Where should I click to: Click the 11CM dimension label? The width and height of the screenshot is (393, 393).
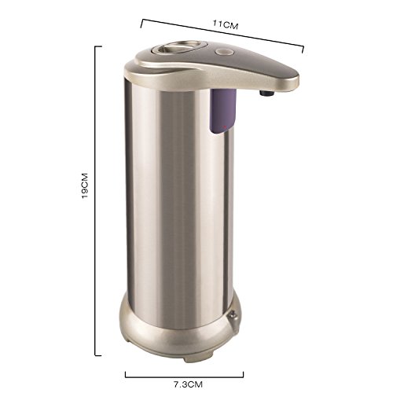tap(225, 24)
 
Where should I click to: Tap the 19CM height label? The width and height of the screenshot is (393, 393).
tap(85, 185)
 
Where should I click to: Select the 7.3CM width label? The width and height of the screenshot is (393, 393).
tap(188, 384)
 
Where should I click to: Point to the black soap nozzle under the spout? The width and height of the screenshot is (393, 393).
tap(266, 92)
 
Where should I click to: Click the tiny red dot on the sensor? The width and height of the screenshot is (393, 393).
tap(225, 127)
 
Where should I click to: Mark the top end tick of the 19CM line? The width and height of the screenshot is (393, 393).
tap(98, 46)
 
